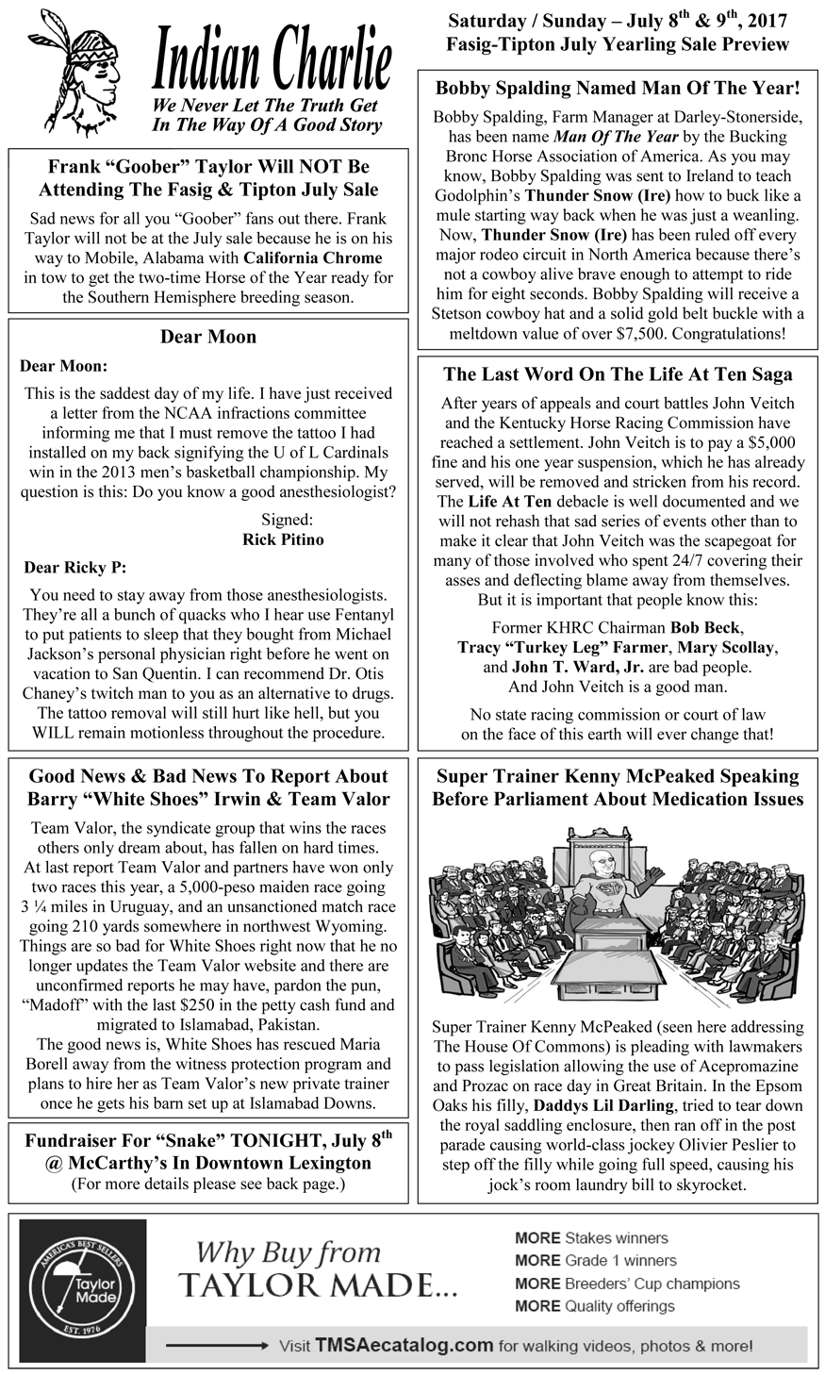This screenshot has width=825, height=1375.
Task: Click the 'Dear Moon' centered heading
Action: click(x=208, y=337)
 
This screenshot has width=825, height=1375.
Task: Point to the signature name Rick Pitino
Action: click(x=283, y=539)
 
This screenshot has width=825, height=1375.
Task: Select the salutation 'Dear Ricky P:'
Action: click(x=74, y=568)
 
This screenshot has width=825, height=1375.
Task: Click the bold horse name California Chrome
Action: click(x=312, y=257)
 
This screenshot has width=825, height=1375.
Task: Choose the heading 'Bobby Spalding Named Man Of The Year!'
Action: click(x=618, y=89)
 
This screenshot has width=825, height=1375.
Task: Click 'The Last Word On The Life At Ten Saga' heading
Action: click(x=618, y=374)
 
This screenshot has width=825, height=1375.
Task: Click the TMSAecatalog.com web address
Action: click(x=404, y=1346)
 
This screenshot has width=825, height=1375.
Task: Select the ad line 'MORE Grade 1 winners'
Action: click(x=596, y=1261)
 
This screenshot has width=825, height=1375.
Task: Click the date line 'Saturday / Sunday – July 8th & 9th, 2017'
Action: click(x=618, y=21)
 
